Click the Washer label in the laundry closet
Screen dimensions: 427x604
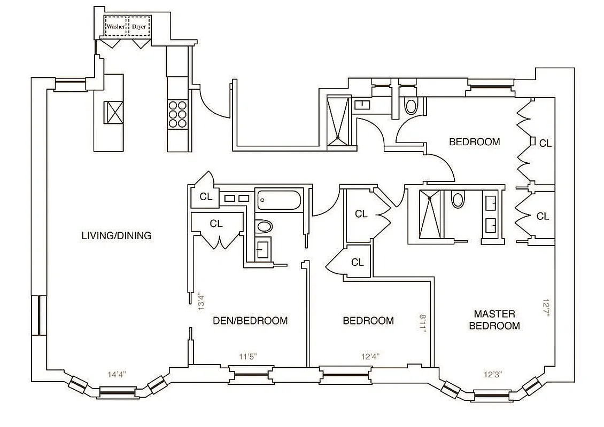pos(115,26)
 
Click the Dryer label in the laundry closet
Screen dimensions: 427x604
pos(139,26)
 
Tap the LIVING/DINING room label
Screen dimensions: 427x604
pos(117,235)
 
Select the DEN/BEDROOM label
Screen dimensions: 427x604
pos(250,321)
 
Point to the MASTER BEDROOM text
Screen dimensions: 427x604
pos(494,320)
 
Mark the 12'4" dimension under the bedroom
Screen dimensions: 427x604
pos(370,357)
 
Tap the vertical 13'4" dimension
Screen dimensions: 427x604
pos(200,301)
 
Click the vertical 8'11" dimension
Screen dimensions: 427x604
pos(423,323)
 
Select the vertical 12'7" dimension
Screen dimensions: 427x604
pos(546,308)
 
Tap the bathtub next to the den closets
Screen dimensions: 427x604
pos(279,200)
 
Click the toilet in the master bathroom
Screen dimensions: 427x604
pos(458,200)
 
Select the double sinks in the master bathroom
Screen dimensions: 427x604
pos(492,213)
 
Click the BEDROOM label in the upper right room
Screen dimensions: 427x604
pos(475,142)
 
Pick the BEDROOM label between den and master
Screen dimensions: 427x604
pos(368,321)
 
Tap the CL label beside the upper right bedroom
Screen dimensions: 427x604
pos(545,143)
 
